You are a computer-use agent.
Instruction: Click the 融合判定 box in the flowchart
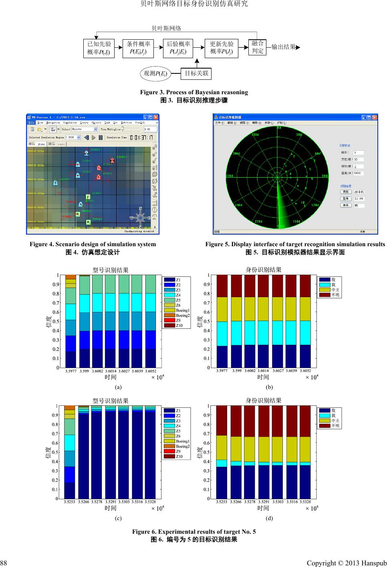258,47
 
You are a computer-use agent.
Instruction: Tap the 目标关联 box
196,73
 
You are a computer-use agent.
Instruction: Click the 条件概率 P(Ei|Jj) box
139,48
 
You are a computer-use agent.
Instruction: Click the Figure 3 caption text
193,92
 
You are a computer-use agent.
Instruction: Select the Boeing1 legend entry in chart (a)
183,310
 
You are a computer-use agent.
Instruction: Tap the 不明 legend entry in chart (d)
335,425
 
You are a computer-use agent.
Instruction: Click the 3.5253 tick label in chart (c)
70,502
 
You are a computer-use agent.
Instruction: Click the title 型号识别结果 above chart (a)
111,270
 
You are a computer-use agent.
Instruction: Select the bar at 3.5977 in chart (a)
71,321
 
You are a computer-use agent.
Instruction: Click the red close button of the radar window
375,117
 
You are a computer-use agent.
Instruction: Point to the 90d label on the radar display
325,176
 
